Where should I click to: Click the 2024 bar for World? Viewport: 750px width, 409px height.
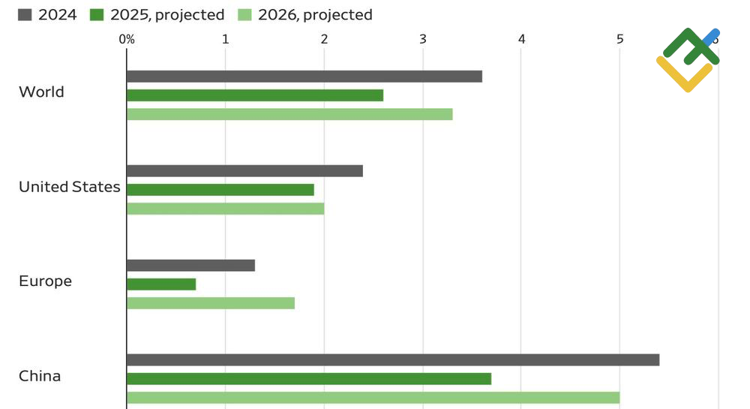click(304, 77)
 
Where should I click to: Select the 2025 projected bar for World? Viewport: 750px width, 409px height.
click(255, 95)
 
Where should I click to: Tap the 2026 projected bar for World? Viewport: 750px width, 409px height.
click(289, 114)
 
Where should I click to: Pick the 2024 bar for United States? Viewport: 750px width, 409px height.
click(244, 171)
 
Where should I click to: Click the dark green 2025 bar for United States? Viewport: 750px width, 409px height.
click(220, 190)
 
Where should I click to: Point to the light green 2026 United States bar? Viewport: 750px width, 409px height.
click(225, 209)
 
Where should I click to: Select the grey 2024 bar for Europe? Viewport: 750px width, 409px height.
click(190, 266)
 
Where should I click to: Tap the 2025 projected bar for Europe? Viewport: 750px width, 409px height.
click(161, 284)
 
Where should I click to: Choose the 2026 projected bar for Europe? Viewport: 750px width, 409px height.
click(211, 303)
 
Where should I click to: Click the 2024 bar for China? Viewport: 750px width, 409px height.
click(393, 360)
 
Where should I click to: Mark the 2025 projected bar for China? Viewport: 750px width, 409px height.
click(309, 379)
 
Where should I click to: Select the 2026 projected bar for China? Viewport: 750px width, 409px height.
click(373, 398)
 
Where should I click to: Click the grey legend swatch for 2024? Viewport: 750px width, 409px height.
click(25, 15)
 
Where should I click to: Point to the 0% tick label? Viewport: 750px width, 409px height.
click(127, 39)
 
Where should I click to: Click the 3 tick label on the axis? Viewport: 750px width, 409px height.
click(423, 39)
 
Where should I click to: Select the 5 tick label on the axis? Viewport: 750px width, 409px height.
click(619, 39)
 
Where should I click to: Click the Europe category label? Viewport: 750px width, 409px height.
click(45, 281)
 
